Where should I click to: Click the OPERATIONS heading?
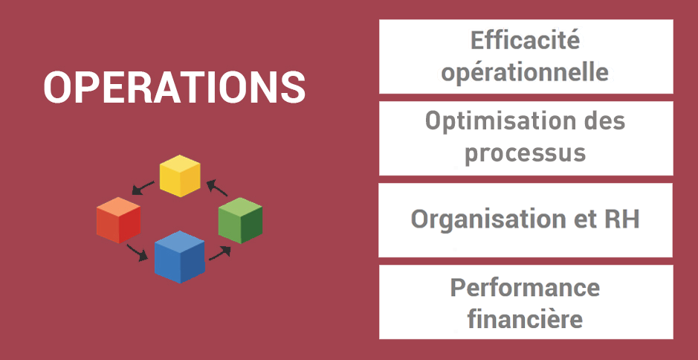pos(175,87)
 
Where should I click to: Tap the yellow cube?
pos(180,176)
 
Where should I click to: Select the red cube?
pos(118,220)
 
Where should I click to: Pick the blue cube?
pos(180,257)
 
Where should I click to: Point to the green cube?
pos(240,221)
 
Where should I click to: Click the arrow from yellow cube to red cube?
pos(143,188)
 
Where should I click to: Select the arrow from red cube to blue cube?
pos(137,252)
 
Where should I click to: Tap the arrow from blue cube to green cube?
pos(220,253)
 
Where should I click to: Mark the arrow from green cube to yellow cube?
pos(217,187)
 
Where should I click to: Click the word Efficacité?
pos(526,41)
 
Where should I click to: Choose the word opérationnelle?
pos(525,73)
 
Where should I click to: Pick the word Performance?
pos(526,287)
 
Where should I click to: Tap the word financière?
pos(526,318)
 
